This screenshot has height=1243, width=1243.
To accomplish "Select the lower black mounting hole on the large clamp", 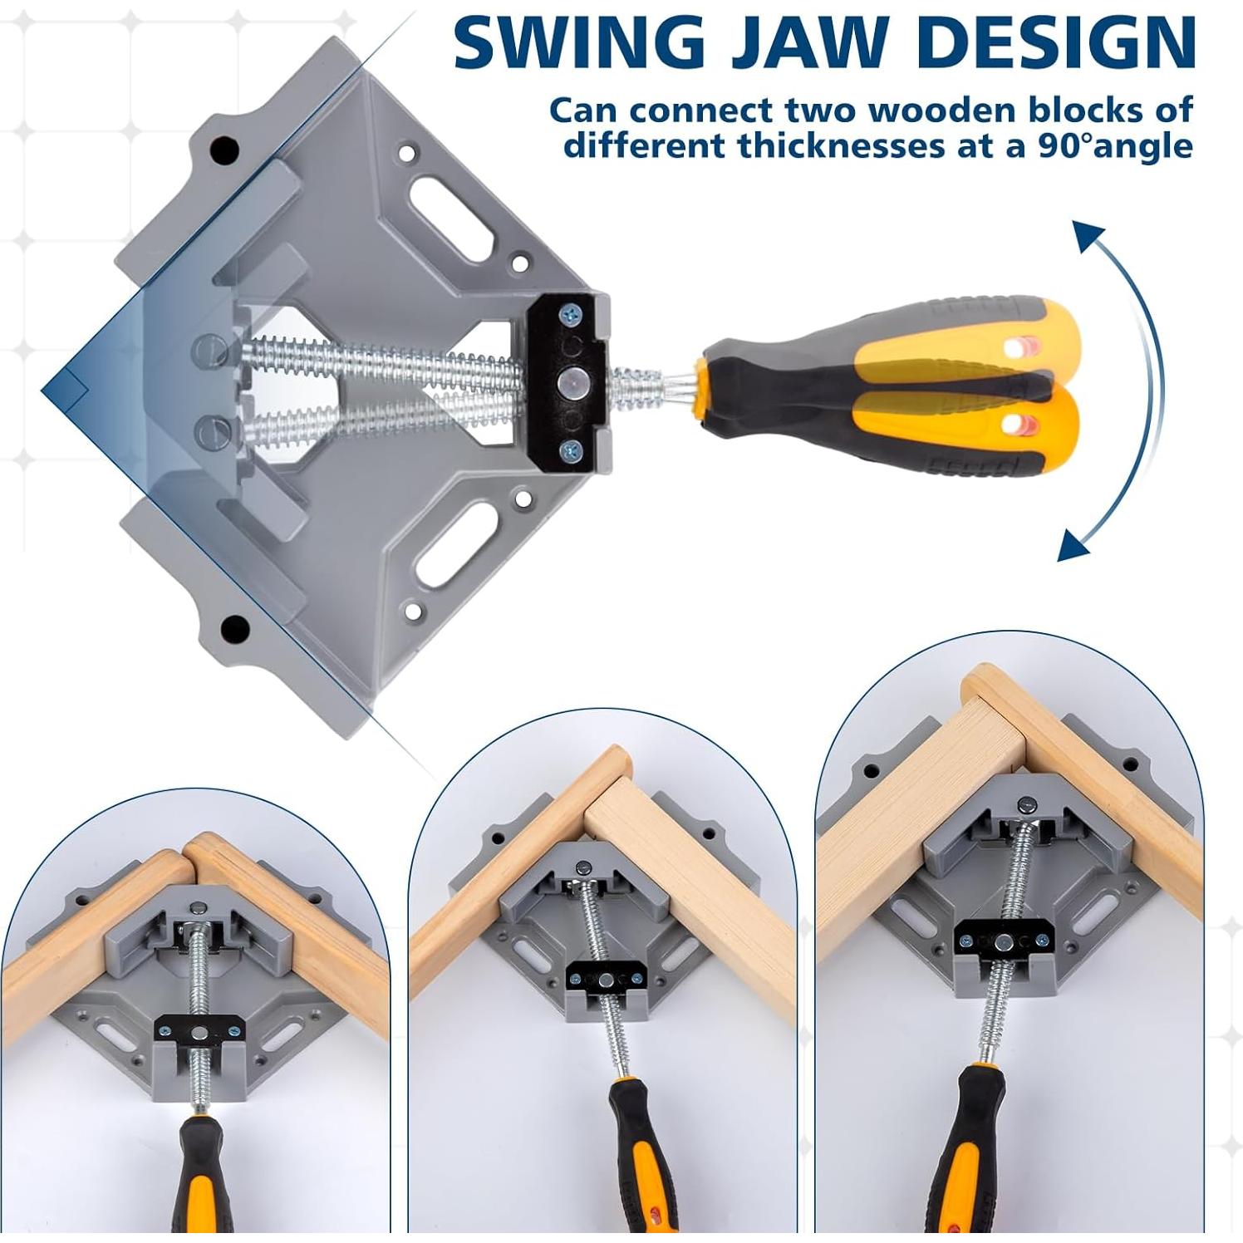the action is point(235,627).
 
